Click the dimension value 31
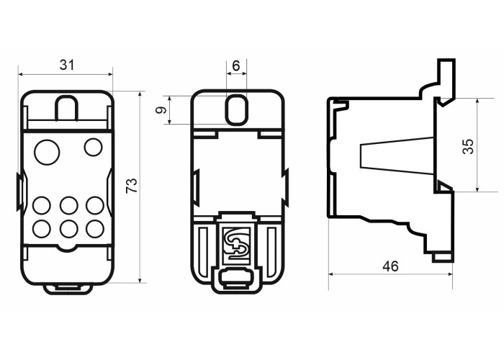[x=67, y=65]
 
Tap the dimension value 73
[x=132, y=186]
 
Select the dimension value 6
[x=236, y=66]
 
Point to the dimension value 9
[x=161, y=110]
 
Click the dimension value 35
[x=468, y=147]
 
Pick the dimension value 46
[x=390, y=266]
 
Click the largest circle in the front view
[x=47, y=152]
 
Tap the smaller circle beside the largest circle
[x=93, y=147]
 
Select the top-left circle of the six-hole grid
[x=42, y=205]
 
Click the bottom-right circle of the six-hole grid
[x=95, y=228]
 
